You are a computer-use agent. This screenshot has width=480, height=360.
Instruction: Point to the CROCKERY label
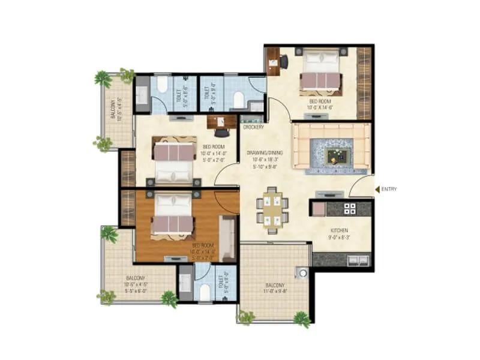pos(254,128)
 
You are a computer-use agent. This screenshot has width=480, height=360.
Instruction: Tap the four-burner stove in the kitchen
pos(349,209)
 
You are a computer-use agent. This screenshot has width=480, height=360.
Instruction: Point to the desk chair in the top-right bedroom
pos(283,60)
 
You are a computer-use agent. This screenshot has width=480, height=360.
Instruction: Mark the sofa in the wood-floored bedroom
pos(227,237)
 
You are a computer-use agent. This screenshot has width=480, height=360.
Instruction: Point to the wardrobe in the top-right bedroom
pos(364,83)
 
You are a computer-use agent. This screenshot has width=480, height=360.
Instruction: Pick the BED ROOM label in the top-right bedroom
pos(321,105)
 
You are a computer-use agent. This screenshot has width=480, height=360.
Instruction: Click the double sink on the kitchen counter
pos(358,260)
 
